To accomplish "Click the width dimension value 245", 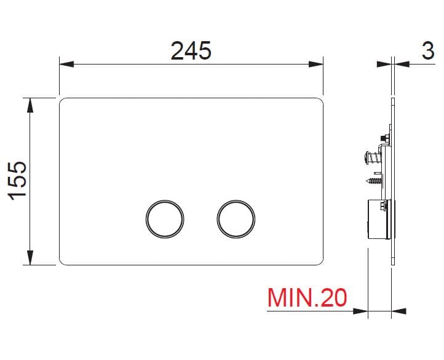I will tap(191, 51).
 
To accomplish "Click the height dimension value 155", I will tap(20, 180).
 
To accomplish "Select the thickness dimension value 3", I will tap(429, 51).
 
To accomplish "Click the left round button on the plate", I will tap(165, 218).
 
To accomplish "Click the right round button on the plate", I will tap(236, 218).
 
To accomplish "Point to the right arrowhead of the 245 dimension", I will tap(317, 63).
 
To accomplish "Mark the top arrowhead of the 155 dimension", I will tap(28, 104).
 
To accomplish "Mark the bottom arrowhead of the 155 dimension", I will tap(28, 258).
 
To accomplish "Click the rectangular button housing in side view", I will tap(378, 220).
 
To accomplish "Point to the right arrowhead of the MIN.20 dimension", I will tap(399, 311).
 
